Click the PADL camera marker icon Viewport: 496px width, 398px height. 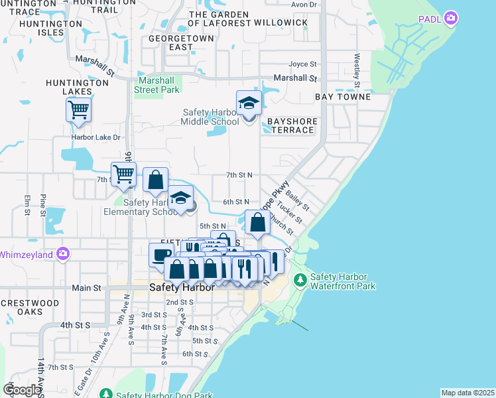[452, 17]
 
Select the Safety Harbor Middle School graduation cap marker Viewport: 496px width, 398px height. [249, 104]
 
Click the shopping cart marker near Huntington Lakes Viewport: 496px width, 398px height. [78, 109]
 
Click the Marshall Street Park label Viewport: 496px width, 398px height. [157, 84]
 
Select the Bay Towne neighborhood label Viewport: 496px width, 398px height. [341, 97]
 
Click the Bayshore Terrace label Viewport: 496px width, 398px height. [292, 125]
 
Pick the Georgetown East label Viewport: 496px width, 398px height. [171, 42]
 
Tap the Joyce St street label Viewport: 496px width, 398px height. [303, 64]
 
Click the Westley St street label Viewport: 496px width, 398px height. [357, 70]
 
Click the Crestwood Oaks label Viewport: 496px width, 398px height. [30, 307]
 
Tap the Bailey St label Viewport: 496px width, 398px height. [294, 198]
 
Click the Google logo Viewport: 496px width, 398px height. [21, 390]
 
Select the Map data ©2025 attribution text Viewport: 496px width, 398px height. [467, 393]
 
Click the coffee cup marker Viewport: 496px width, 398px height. [161, 255]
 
